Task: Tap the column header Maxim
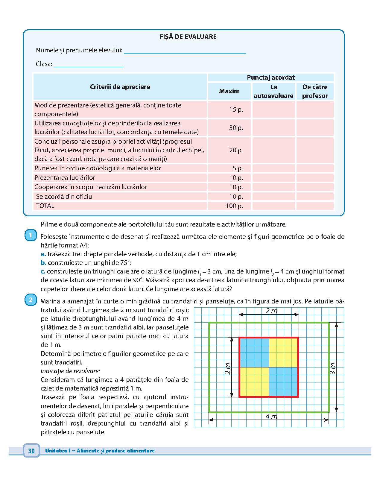point(229,91)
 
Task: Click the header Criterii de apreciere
point(120,87)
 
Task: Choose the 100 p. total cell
point(234,206)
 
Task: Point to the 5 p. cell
point(238,168)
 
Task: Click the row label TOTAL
point(45,206)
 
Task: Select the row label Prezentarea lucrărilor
point(65,178)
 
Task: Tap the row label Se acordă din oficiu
point(64,197)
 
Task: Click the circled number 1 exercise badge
point(31,235)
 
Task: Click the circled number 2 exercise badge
point(31,300)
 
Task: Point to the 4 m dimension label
point(271,417)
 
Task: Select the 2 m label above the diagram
point(271,311)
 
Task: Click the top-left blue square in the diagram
point(254,352)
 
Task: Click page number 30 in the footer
point(31,451)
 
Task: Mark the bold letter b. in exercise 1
point(43,263)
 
